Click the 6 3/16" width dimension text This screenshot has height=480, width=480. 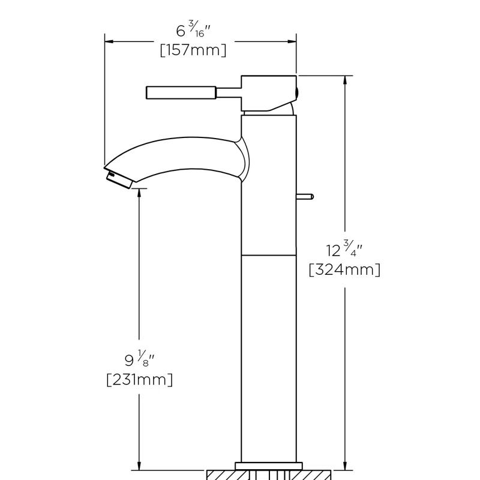pos(193,30)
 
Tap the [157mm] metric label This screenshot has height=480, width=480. pos(193,50)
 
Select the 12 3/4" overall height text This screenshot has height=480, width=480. pos(344,249)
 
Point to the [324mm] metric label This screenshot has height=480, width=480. pos(344,270)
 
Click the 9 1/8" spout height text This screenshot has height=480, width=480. pos(139,360)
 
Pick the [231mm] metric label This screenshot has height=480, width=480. pos(139,380)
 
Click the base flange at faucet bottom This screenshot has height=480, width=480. pos(268,466)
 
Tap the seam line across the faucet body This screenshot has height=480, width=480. pos(268,255)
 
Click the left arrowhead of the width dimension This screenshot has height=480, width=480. pos(109,41)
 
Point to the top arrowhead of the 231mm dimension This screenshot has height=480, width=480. pos(139,193)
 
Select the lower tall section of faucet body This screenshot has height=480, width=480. pos(268,360)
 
